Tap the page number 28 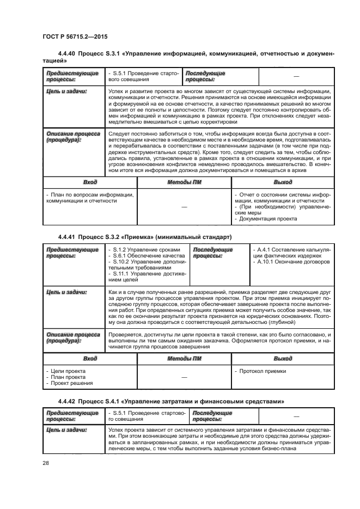pos(46,463)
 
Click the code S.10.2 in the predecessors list pos(121,262)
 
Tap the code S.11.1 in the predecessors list pos(121,275)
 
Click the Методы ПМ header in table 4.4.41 pos(184,359)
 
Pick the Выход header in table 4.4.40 pos(283,182)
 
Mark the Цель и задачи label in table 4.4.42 pos(66,430)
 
